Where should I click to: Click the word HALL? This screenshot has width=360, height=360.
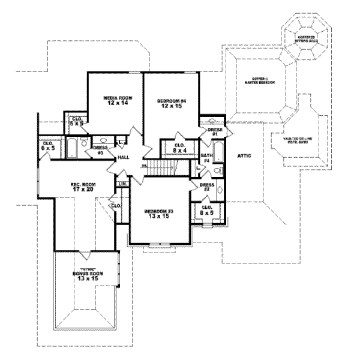tap(124, 157)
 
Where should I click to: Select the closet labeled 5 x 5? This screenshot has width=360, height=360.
tap(77, 122)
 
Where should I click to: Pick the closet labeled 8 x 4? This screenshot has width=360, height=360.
tap(179, 148)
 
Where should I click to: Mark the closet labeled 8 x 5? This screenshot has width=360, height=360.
tap(207, 210)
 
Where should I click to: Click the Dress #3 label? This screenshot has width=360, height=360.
tap(100, 149)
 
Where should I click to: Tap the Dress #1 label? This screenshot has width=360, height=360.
tap(215, 131)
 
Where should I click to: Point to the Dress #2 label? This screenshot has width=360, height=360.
tap(207, 187)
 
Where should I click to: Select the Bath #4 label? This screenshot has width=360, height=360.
tap(205, 157)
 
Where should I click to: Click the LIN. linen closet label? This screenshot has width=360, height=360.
tap(122, 184)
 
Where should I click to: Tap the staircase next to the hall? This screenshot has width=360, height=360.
tap(163, 167)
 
